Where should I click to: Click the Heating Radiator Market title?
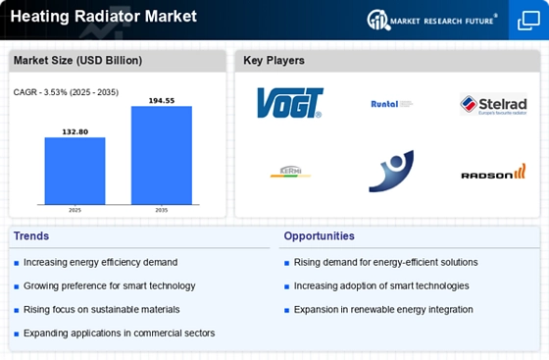pyautogui.click(x=104, y=17)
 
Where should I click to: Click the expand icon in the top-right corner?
pyautogui.click(x=526, y=19)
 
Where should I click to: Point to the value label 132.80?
pyautogui.click(x=75, y=131)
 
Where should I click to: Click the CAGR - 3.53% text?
pyautogui.click(x=61, y=92)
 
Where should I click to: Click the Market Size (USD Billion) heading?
pyautogui.click(x=77, y=61)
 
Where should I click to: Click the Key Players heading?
pyautogui.click(x=274, y=61)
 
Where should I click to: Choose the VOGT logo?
pyautogui.click(x=289, y=103)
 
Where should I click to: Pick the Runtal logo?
pyautogui.click(x=391, y=103)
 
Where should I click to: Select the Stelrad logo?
pyautogui.click(x=493, y=103)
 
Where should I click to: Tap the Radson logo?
pyautogui.click(x=493, y=173)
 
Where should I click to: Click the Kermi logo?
pyautogui.click(x=290, y=174)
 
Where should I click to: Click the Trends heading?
pyautogui.click(x=32, y=236)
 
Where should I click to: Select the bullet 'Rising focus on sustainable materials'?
pyautogui.click(x=101, y=309)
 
